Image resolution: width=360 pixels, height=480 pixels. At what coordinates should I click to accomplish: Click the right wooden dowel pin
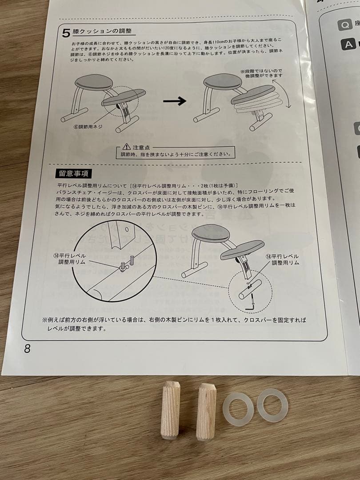pyautogui.click(x=206, y=412)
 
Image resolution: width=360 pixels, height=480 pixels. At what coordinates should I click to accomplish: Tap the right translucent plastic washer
pyautogui.click(x=272, y=405)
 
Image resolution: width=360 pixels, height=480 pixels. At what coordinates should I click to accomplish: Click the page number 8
pyautogui.click(x=27, y=348)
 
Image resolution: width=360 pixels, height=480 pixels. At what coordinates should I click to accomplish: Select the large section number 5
pyautogui.click(x=66, y=33)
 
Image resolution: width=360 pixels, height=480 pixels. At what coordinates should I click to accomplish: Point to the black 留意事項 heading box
pyautogui.click(x=72, y=173)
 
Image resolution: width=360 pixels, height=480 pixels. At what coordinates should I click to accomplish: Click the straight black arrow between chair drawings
pyautogui.click(x=175, y=102)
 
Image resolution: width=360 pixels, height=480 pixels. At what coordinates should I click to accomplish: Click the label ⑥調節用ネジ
pyautogui.click(x=88, y=127)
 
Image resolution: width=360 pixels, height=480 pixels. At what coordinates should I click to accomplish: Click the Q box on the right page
pyautogui.click(x=344, y=24)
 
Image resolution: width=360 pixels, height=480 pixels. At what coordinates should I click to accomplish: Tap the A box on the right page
pyautogui.click(x=348, y=44)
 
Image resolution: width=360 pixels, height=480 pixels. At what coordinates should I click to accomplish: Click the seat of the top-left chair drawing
pyautogui.click(x=94, y=82)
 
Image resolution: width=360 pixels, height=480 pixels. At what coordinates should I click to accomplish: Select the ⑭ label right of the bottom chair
pyautogui.click(x=282, y=260)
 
